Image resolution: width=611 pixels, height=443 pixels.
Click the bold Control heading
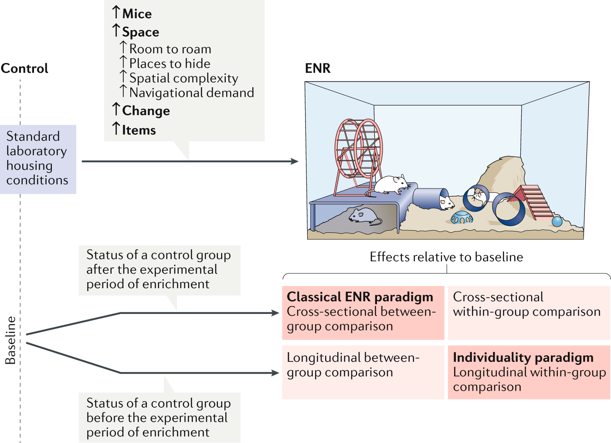(24, 68)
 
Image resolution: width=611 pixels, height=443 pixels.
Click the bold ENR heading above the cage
(318, 68)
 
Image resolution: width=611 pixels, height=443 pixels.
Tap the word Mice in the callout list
(137, 14)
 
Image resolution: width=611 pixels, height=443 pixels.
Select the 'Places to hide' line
(170, 64)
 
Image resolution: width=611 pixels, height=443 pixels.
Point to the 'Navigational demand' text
(191, 93)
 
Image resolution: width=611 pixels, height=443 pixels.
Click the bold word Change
(146, 111)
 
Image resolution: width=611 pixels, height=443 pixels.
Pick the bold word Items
(139, 130)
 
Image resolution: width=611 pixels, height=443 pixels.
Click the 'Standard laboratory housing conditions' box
(37, 159)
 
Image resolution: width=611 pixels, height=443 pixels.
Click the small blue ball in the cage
(557, 221)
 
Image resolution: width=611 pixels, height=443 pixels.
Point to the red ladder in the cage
(534, 201)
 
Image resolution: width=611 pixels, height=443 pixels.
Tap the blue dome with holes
(462, 217)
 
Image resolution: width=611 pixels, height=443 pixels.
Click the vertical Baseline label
(10, 340)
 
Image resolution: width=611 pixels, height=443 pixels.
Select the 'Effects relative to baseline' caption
(446, 257)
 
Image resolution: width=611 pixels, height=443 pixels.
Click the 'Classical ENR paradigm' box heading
(360, 297)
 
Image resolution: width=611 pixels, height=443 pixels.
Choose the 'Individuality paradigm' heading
(523, 358)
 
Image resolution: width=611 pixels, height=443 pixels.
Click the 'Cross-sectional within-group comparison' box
(529, 312)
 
